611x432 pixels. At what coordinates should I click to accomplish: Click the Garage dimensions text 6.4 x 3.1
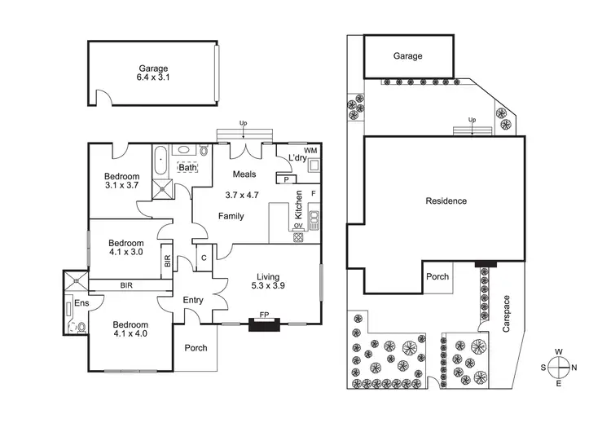(153, 77)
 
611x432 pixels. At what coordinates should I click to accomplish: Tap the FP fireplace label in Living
(264, 315)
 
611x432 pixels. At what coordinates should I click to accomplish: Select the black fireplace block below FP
(264, 324)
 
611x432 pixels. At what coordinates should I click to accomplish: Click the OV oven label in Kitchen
(298, 226)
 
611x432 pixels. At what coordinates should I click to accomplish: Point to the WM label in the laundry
(310, 151)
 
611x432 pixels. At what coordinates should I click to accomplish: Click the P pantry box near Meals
(287, 179)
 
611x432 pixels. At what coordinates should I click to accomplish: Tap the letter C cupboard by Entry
(204, 258)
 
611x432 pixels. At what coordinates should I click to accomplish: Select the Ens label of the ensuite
(81, 303)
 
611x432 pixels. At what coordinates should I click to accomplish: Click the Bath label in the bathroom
(187, 168)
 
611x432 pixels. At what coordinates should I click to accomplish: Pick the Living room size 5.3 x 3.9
(268, 286)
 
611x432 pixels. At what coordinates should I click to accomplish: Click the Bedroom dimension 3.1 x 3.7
(121, 186)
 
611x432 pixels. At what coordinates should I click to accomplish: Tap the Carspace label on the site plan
(506, 314)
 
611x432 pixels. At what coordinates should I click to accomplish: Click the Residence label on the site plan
(446, 201)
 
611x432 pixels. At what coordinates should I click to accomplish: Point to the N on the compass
(574, 368)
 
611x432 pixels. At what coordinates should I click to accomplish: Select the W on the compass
(558, 352)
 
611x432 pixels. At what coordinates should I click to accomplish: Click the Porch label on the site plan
(437, 277)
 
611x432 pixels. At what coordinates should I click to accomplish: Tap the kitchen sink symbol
(314, 220)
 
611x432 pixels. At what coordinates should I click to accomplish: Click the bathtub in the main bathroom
(160, 161)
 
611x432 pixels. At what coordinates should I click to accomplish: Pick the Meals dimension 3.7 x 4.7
(242, 195)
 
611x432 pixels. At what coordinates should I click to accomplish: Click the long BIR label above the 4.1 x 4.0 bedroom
(126, 285)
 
